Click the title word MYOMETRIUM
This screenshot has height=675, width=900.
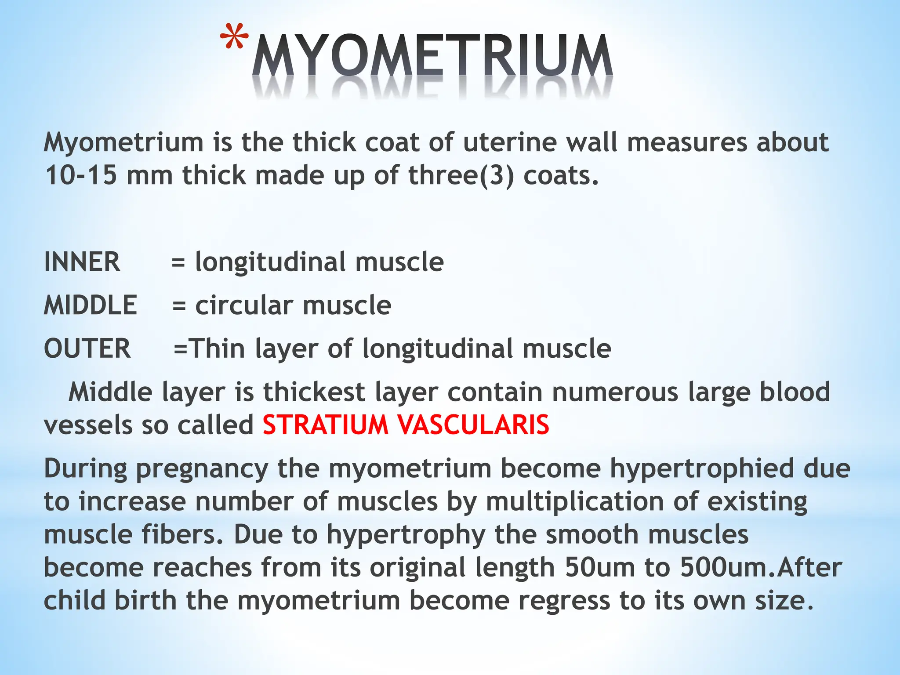pyautogui.click(x=432, y=57)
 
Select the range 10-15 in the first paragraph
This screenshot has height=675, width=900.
pyautogui.click(x=81, y=175)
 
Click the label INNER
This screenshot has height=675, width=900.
pyautogui.click(x=82, y=262)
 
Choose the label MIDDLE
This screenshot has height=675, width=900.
pyautogui.click(x=91, y=305)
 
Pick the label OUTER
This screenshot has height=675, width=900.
pyautogui.click(x=87, y=348)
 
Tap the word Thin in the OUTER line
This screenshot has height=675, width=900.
pyautogui.click(x=217, y=348)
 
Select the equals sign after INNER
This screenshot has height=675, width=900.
pyautogui.click(x=178, y=263)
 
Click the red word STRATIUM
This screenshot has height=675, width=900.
pyautogui.click(x=326, y=425)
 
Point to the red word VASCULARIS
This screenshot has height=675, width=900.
pyautogui.click(x=473, y=425)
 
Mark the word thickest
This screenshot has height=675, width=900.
pyautogui.click(x=314, y=392)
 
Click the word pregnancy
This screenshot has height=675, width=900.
pyautogui.click(x=202, y=469)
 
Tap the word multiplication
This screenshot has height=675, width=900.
pyautogui.click(x=575, y=501)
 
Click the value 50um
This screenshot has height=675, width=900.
pyautogui.click(x=600, y=567)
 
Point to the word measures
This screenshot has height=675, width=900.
pyautogui.click(x=687, y=142)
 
